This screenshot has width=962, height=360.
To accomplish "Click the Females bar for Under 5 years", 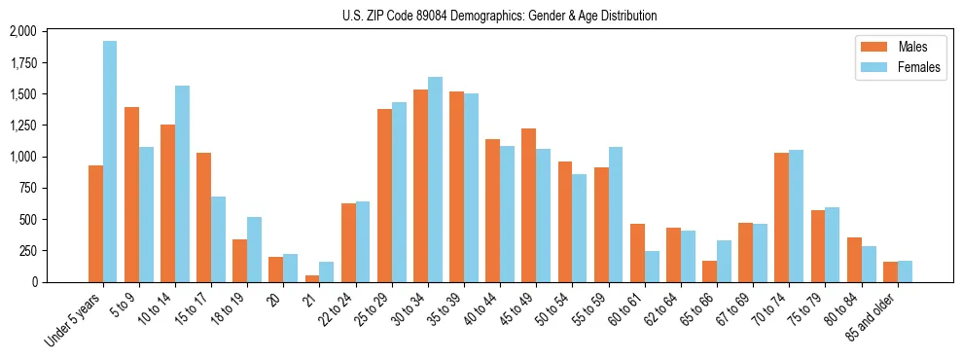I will pos(110,162).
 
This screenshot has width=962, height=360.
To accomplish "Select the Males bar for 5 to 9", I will pos(131,195).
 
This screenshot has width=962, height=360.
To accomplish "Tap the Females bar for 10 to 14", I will pos(182,184).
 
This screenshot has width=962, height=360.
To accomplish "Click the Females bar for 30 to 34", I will pos(435,179).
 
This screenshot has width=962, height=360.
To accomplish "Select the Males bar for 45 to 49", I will pos(528,205).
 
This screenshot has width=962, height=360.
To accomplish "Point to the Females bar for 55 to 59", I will pos(616,214).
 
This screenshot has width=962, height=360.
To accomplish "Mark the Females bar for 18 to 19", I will pos(254,249).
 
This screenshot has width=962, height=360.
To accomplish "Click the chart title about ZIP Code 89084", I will pos(499,16).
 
